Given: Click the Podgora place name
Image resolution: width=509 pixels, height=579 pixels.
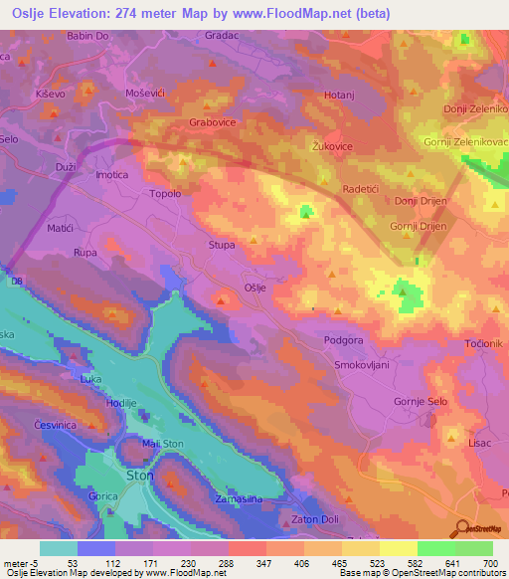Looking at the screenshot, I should [x=345, y=339].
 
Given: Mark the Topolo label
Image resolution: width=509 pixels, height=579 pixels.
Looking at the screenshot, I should [x=165, y=194].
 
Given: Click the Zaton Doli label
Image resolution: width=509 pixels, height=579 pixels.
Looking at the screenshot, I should [x=317, y=520].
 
